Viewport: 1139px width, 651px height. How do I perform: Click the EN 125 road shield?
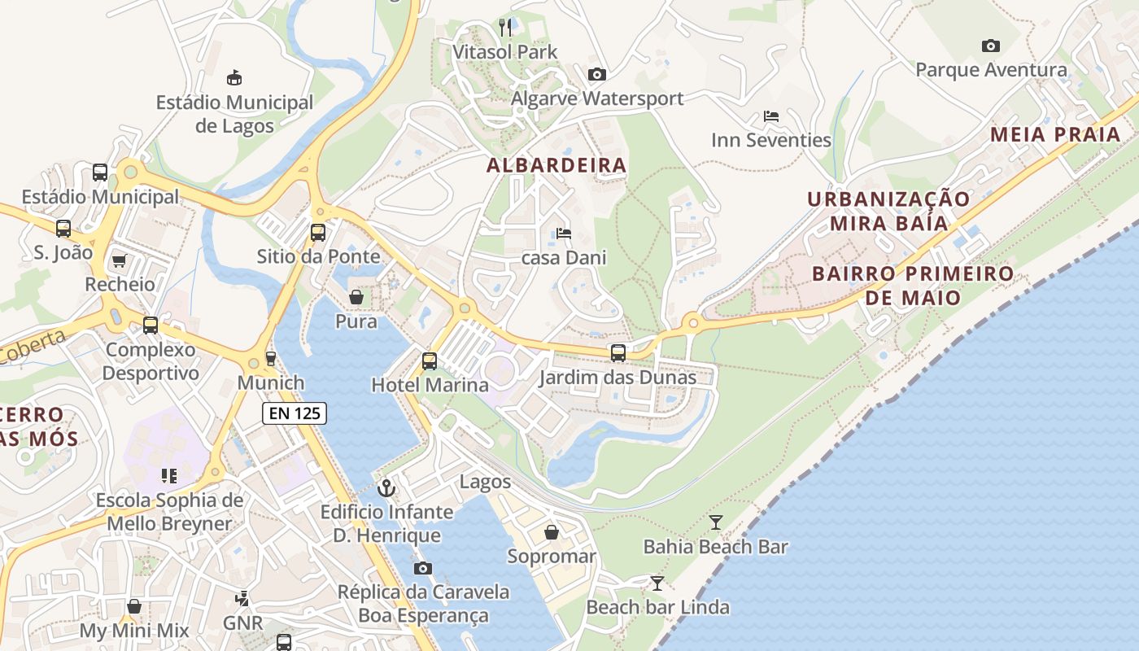click(x=295, y=413)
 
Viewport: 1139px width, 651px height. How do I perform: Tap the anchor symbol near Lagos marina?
click(x=387, y=488)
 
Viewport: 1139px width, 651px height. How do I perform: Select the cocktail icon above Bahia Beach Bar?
click(x=716, y=522)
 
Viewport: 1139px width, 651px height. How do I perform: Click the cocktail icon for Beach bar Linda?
click(x=657, y=583)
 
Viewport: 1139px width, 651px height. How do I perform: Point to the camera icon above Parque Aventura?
click(x=990, y=46)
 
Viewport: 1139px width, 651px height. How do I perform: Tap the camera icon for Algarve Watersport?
click(x=597, y=75)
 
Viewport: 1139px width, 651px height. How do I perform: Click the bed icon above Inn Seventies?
click(x=771, y=116)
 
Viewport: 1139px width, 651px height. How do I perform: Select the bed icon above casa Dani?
click(x=564, y=234)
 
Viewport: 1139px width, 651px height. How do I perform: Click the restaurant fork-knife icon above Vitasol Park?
click(x=505, y=28)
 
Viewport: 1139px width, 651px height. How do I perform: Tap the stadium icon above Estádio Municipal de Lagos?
click(x=234, y=78)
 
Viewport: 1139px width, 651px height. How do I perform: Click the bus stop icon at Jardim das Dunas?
click(x=618, y=353)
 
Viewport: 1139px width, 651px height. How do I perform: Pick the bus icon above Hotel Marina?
click(x=429, y=360)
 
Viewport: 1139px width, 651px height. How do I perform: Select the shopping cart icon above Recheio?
click(x=120, y=260)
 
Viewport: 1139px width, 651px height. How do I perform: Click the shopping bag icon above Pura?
click(x=356, y=298)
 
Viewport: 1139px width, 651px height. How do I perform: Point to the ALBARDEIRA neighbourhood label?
click(x=556, y=165)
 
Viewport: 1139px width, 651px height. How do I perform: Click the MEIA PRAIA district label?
click(x=1055, y=134)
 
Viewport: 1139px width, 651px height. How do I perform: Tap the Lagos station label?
click(x=486, y=482)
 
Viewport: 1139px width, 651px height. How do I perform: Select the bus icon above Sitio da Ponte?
click(x=318, y=233)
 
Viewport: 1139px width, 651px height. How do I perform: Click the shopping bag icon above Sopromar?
click(x=552, y=532)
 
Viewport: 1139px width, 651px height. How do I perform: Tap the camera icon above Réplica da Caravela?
click(x=423, y=568)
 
